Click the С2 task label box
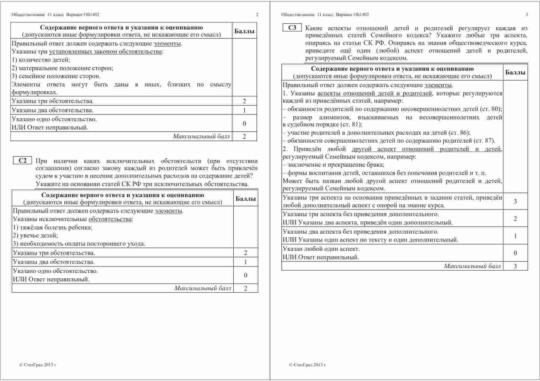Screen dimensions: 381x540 pyautogui.click(x=23, y=161)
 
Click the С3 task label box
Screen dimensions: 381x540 pyautogui.click(x=292, y=28)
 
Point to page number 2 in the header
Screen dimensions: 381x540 pyautogui.click(x=257, y=14)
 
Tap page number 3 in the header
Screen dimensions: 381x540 pyautogui.click(x=527, y=14)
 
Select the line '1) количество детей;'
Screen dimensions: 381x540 pyautogui.click(x=41, y=60)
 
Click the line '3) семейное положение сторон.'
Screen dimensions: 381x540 pyautogui.click(x=56, y=76)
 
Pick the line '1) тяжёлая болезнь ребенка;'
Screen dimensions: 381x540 pyautogui.click(x=53, y=227)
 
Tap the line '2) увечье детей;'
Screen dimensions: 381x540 pyautogui.click(x=35, y=235)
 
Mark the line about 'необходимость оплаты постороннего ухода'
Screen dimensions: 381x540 pyautogui.click(x=79, y=244)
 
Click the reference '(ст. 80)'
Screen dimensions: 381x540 pyautogui.click(x=491, y=109)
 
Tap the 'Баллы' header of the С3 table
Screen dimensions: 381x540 pyautogui.click(x=515, y=73)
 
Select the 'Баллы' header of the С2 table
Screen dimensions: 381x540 pyautogui.click(x=246, y=199)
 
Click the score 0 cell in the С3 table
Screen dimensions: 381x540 pyautogui.click(x=515, y=253)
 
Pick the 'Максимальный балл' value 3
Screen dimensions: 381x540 pyautogui.click(x=515, y=266)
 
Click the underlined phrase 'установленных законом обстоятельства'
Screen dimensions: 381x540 pyautogui.click(x=106, y=51)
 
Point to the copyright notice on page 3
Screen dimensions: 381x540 pyautogui.click(x=308, y=365)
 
